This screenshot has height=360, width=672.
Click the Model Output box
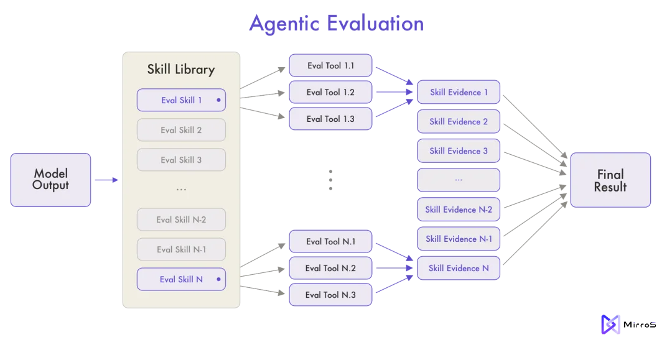[x=50, y=180]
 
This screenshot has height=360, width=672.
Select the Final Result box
[x=610, y=180]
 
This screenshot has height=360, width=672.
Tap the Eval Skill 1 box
[x=181, y=100]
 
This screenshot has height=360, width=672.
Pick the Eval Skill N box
[x=181, y=279]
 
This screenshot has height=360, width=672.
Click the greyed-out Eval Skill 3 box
[x=181, y=160]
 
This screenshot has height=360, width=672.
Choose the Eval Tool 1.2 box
[x=330, y=92]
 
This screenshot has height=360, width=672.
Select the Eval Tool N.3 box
[x=330, y=295]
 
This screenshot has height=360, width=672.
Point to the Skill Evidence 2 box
[x=459, y=122]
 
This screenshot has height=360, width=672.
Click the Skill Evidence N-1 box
[x=459, y=239]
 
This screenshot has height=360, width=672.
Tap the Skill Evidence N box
[x=459, y=268]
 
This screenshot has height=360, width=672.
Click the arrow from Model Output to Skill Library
[x=106, y=180]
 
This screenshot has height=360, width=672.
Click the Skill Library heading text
[x=181, y=70]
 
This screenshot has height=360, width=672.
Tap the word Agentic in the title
[x=284, y=24]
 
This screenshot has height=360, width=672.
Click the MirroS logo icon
[x=610, y=325]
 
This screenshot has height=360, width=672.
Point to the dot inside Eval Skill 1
[x=218, y=100]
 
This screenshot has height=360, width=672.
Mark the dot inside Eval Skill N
[x=218, y=279]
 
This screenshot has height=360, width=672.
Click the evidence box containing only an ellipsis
[x=459, y=180]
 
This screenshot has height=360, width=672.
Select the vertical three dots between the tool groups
[x=330, y=180]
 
